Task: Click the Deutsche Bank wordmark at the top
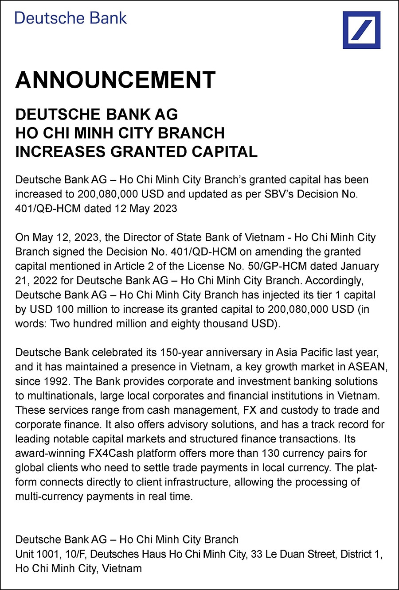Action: pyautogui.click(x=70, y=18)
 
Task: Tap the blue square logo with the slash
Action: pyautogui.click(x=361, y=30)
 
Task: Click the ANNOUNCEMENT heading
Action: pyautogui.click(x=115, y=80)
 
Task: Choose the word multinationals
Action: pyautogui.click(x=61, y=396)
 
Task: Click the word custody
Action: pyautogui.click(x=308, y=410)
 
